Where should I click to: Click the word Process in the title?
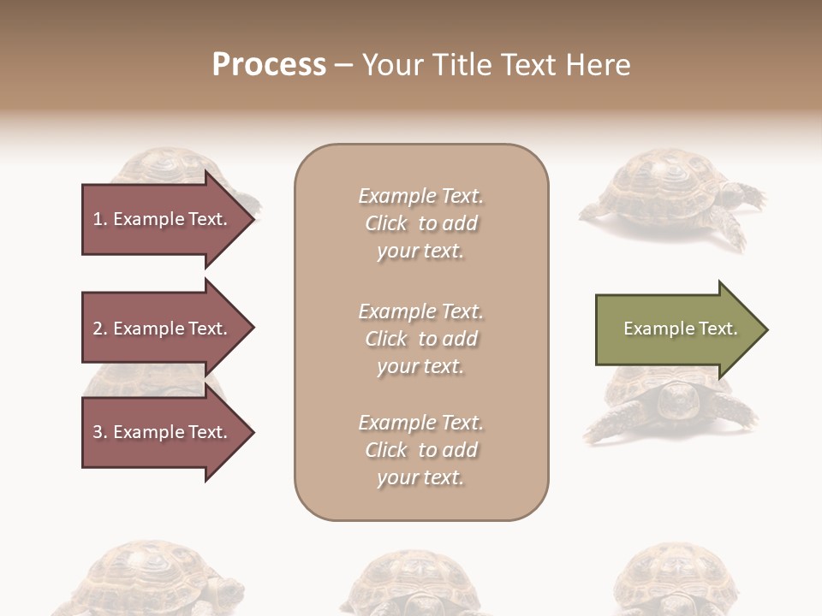coord(269,65)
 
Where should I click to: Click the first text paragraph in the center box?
coord(420,223)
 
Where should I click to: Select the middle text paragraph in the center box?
coord(420,339)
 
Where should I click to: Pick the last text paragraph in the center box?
coord(420,450)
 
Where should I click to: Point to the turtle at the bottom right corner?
coord(676,582)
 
